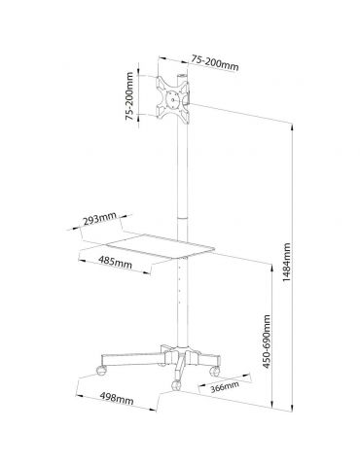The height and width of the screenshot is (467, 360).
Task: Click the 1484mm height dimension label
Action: (x=286, y=262)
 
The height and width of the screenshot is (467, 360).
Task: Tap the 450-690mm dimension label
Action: (x=267, y=341)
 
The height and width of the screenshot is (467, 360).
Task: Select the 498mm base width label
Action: (x=117, y=398)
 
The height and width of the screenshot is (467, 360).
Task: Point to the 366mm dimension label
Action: (x=225, y=386)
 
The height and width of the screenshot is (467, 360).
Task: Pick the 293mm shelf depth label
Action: (x=99, y=220)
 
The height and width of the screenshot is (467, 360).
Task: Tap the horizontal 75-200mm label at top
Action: (x=214, y=62)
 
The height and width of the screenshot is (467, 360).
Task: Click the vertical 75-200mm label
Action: (x=129, y=96)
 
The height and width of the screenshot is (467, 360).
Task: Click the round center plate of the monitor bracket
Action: (x=172, y=99)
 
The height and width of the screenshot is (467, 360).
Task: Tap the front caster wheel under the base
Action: (x=176, y=385)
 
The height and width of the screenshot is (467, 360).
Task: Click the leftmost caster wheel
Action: (x=101, y=370)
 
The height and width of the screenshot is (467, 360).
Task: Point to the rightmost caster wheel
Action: (x=214, y=370)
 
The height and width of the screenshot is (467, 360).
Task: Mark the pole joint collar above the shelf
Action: (x=183, y=218)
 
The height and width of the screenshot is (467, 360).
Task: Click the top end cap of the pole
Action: (x=182, y=76)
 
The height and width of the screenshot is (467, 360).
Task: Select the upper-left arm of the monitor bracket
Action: (x=162, y=83)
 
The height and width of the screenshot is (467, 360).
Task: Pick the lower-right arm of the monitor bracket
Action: (x=184, y=116)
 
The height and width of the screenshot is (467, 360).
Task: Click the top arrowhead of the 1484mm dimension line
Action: (x=293, y=127)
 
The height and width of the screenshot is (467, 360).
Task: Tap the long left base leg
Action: (x=133, y=359)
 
